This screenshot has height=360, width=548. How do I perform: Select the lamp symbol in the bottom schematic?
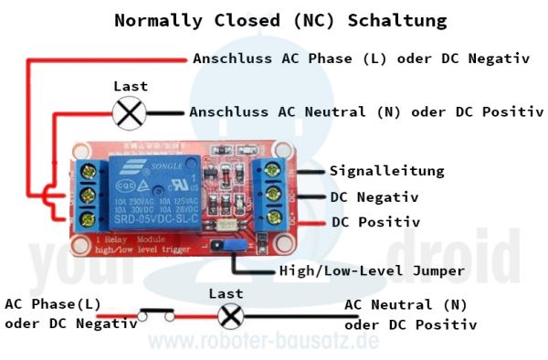(231, 316)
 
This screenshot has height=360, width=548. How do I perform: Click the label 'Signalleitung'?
(374, 171)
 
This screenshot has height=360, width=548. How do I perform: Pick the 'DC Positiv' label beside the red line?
(375, 222)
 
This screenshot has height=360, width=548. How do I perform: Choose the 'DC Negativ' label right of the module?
(374, 196)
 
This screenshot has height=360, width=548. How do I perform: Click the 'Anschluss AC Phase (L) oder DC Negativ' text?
(362, 58)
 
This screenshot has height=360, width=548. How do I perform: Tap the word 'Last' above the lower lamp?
(226, 293)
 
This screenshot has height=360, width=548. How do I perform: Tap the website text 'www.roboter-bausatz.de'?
(264, 342)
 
